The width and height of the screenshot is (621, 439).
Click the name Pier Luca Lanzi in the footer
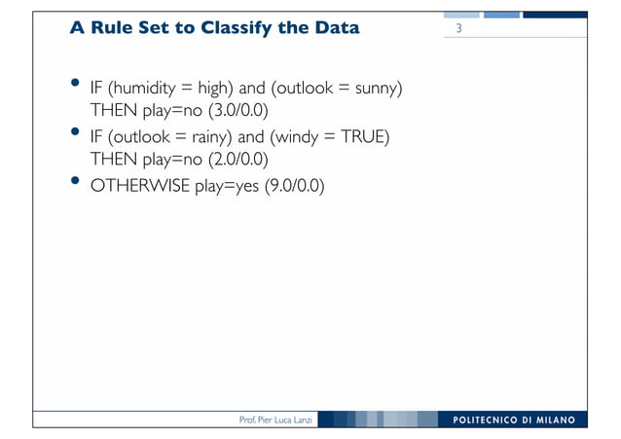click(x=283, y=421)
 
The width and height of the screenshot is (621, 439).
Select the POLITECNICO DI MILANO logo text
click(x=515, y=421)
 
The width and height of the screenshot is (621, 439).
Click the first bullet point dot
click(x=76, y=85)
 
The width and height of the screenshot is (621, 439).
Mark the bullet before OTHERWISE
click(x=76, y=181)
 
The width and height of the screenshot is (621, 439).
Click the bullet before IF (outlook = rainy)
click(x=76, y=132)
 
